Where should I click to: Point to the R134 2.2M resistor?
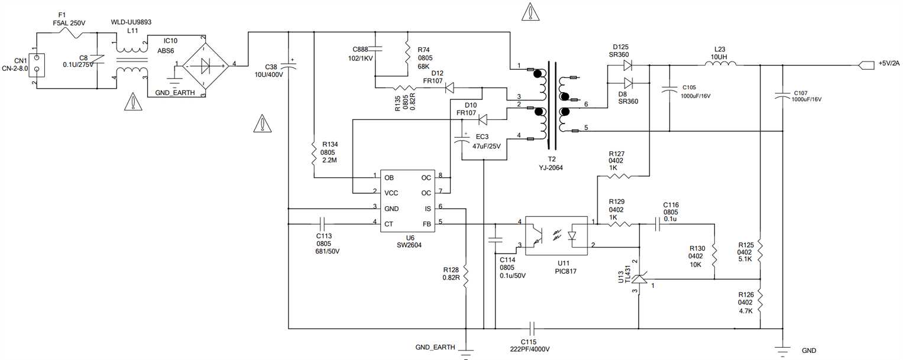[x=314, y=153]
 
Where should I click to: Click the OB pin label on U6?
[x=389, y=177]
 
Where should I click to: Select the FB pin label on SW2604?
[x=427, y=224]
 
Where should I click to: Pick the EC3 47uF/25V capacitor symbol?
[x=461, y=140]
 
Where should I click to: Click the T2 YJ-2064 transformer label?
[x=552, y=164]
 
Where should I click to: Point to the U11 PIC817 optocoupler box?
[x=556, y=235]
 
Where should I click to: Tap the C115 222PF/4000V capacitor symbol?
[x=532, y=328]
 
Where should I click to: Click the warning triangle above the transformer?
[x=532, y=12]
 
